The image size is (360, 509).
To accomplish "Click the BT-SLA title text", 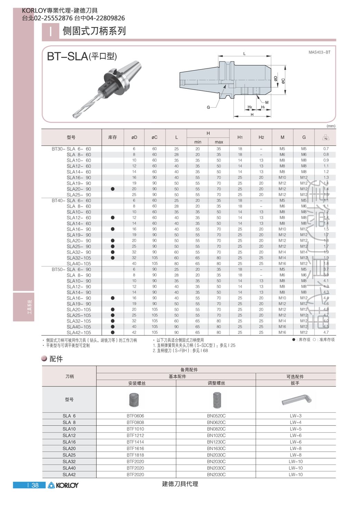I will [x=82, y=56].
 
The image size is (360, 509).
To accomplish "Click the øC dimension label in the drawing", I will [x=283, y=80].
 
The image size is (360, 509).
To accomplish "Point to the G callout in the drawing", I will [x=208, y=107].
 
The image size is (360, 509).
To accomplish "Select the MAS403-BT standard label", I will [x=319, y=52].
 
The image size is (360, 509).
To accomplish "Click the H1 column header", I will [x=240, y=137].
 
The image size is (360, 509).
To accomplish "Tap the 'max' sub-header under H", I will [x=219, y=142].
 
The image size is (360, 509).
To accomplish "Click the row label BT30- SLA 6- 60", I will [x=71, y=149].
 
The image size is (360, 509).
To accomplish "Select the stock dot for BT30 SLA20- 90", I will [x=113, y=189].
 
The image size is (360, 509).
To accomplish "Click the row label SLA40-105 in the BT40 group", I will [x=79, y=263].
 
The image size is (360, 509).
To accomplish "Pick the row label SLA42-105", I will [x=79, y=333].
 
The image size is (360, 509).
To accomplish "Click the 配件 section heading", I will [x=56, y=359].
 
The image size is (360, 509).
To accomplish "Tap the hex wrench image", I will [x=296, y=400].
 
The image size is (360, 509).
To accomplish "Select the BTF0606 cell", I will [x=135, y=416].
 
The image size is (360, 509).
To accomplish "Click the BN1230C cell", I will [x=216, y=442].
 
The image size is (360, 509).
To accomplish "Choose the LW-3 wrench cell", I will [x=296, y=416].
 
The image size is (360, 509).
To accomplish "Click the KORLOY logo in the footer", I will [x=63, y=485].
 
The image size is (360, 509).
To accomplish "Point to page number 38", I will [x=35, y=485].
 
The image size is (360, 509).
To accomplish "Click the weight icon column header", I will [x=325, y=137].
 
